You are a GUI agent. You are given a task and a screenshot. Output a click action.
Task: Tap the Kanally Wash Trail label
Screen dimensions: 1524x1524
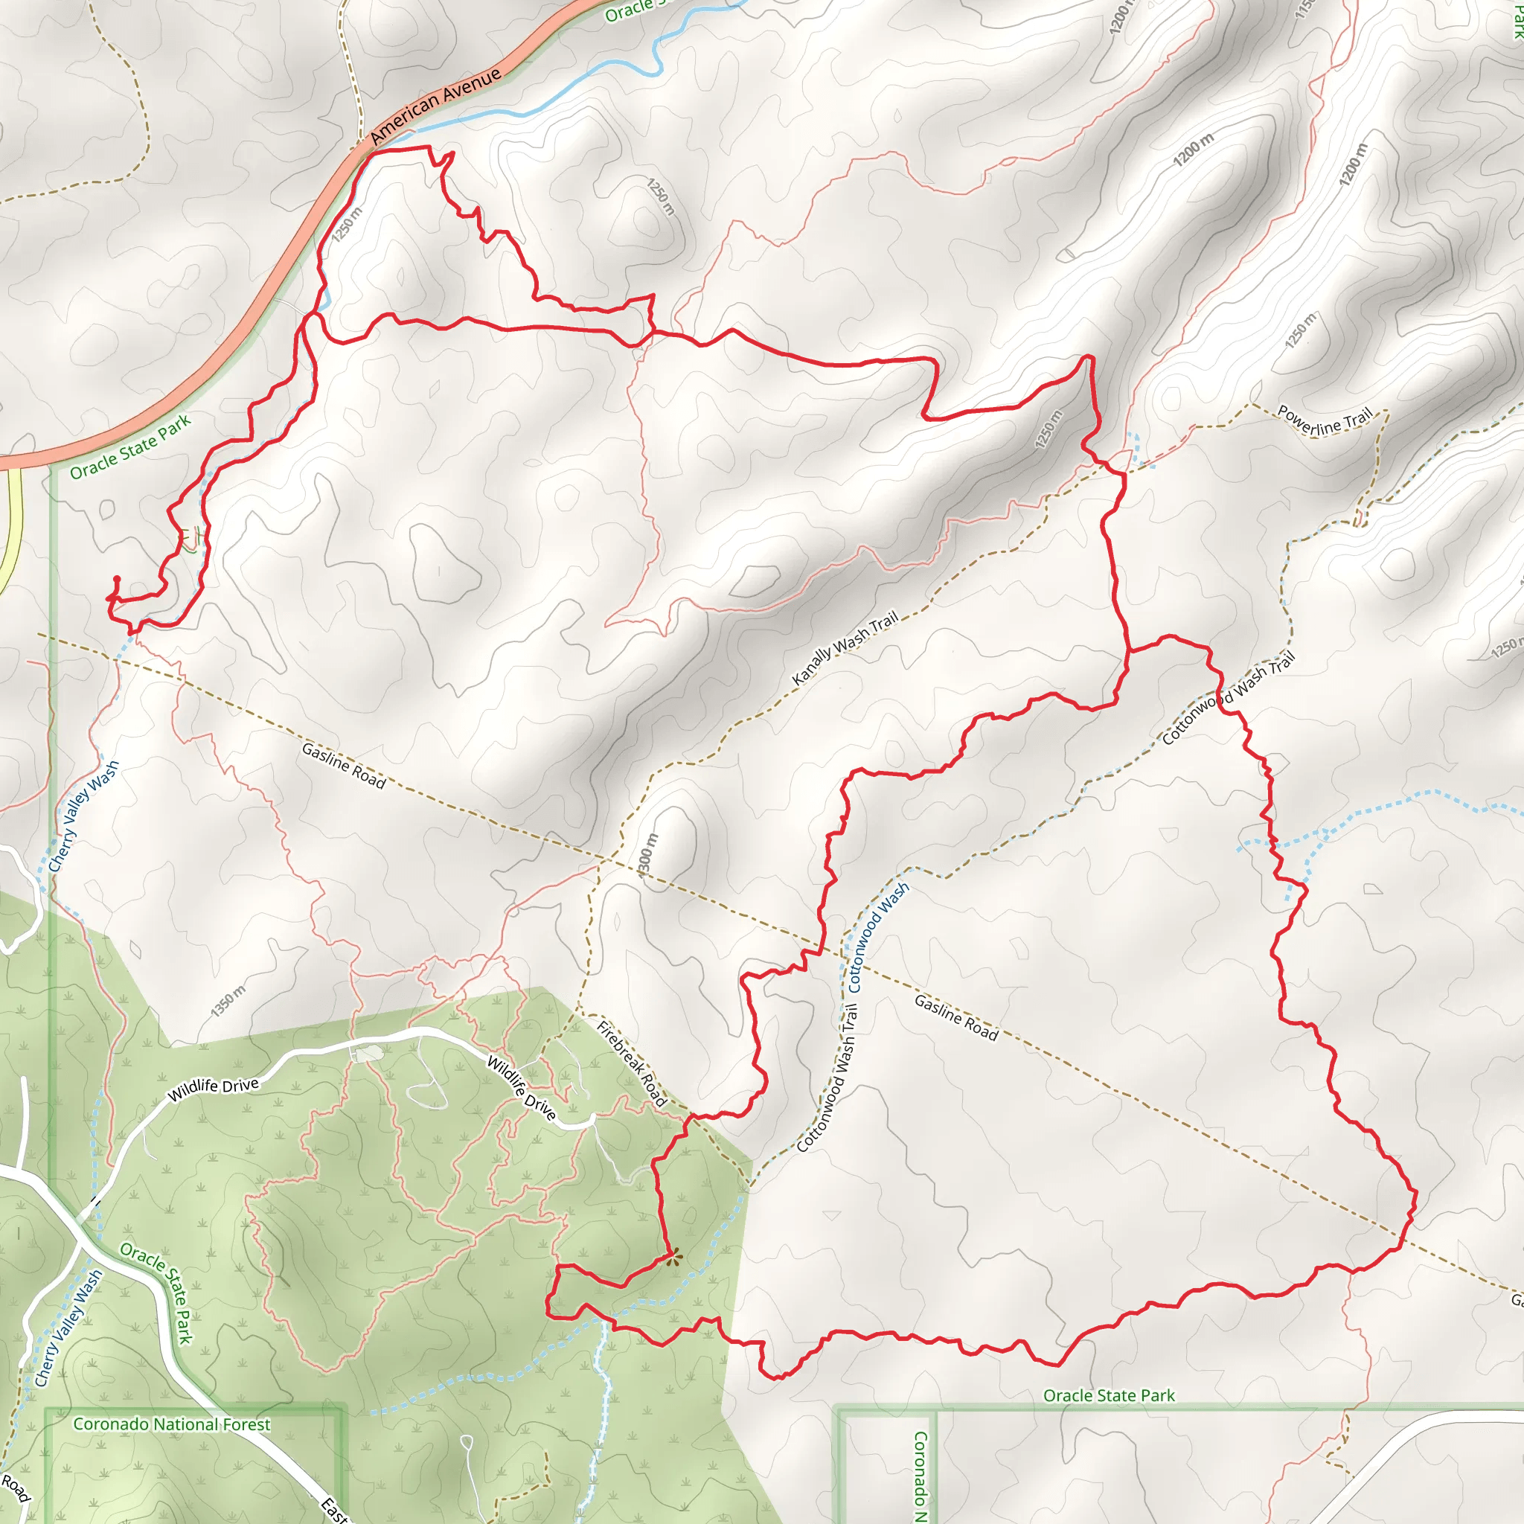point(845,647)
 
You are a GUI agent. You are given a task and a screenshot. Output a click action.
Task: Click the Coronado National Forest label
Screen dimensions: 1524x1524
point(171,1424)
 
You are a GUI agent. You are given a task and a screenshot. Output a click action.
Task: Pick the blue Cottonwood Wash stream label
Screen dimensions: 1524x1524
point(878,936)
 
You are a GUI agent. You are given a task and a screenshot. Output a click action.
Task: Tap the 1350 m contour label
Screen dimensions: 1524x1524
point(228,1000)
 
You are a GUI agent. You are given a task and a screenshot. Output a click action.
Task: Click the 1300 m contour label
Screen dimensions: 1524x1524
point(647,854)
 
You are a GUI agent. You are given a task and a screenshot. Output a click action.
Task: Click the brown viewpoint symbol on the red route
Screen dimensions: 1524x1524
point(673,1258)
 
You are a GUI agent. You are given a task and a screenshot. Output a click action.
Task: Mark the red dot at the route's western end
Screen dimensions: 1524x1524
point(117,580)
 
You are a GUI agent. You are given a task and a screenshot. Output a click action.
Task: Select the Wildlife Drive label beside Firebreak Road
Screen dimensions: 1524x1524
point(522,1087)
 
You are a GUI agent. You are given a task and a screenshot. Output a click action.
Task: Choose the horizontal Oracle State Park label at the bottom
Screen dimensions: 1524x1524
point(1108,1395)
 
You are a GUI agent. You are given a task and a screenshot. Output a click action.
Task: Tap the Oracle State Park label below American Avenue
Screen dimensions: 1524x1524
point(130,447)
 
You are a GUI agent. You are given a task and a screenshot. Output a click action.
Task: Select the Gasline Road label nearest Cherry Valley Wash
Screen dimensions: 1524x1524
point(343,765)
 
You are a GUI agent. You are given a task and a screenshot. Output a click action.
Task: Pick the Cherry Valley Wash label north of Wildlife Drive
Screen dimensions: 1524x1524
point(83,816)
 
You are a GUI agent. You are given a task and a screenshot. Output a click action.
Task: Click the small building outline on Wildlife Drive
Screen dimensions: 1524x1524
point(367,1053)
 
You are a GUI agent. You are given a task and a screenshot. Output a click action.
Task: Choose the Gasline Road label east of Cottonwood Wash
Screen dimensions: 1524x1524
point(956,1017)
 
